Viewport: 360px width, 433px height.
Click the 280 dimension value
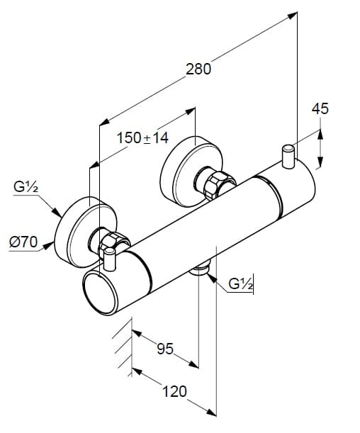[x=198, y=69]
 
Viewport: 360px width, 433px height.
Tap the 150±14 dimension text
[x=142, y=137]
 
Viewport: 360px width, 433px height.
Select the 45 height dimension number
[x=320, y=108]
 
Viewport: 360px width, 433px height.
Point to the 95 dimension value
[x=165, y=349]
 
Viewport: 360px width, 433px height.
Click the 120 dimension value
[x=174, y=391]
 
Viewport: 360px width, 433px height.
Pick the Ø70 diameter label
[x=23, y=242]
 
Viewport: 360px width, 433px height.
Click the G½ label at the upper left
[x=26, y=187]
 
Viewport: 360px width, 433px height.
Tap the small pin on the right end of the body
[x=288, y=156]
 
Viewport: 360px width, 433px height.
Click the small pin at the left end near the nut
[x=110, y=259]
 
